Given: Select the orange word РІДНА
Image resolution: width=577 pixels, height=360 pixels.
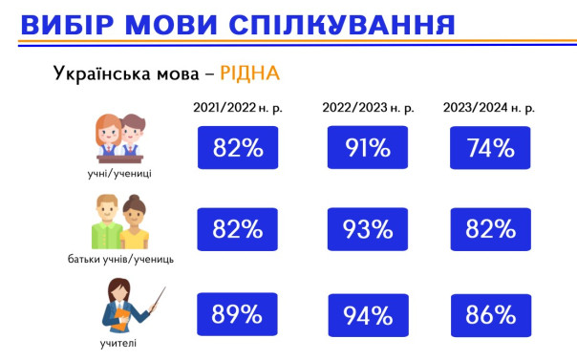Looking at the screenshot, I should [x=249, y=74].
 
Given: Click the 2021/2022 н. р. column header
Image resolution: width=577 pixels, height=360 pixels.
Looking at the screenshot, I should [x=238, y=108].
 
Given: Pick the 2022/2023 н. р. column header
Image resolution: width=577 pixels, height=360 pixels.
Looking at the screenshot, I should [x=368, y=108].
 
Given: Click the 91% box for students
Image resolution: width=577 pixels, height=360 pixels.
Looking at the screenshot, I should [x=368, y=148].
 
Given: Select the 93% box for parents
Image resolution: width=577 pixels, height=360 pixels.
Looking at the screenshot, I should [x=368, y=229].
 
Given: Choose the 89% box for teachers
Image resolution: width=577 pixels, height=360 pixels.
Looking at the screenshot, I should [x=238, y=314].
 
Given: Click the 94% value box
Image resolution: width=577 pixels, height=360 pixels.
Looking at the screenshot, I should [x=368, y=314].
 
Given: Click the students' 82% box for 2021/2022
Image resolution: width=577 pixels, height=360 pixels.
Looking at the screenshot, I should [x=238, y=148].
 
